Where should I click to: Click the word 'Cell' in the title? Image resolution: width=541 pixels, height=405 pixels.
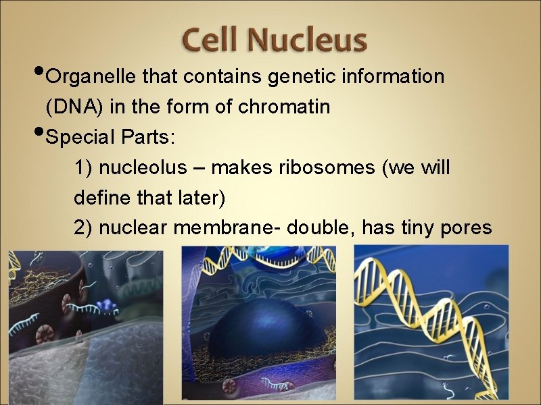coord(212,40)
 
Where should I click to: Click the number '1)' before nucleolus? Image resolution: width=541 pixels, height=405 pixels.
coord(83,168)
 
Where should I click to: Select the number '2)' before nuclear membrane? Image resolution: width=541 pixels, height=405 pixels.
coord(83,229)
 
